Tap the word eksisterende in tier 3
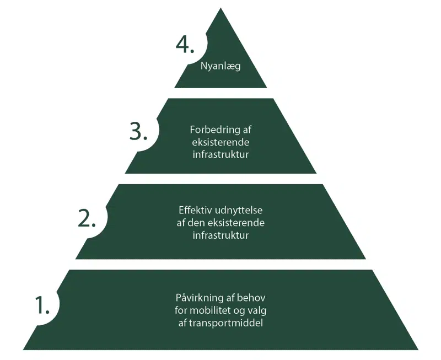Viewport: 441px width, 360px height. click(220, 142)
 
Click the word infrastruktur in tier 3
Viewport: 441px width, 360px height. click(220, 154)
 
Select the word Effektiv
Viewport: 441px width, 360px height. click(193, 211)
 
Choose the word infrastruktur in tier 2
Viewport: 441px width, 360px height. click(220, 235)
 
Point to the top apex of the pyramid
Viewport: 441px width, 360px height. click(220, 9)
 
